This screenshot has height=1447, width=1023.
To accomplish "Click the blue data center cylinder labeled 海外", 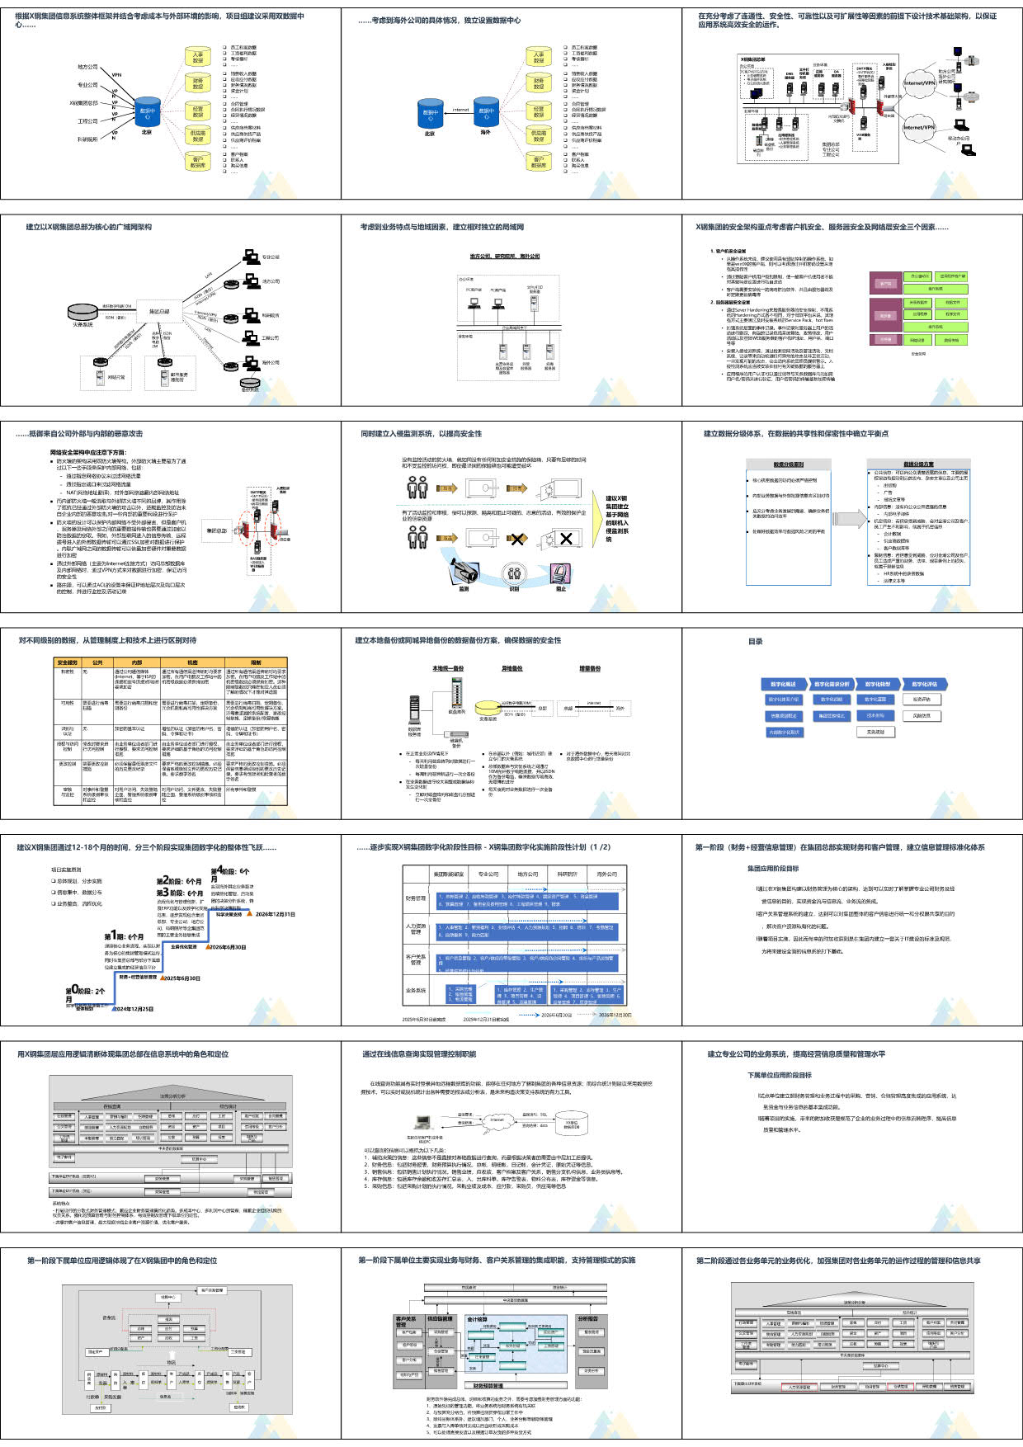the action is [x=487, y=112].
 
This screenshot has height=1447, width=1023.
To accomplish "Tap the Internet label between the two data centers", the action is [x=460, y=110].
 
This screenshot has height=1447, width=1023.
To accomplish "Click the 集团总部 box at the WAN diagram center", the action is [x=158, y=311].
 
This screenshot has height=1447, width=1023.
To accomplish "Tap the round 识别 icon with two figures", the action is [x=514, y=573].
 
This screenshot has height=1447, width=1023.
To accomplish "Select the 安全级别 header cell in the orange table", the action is [x=68, y=662].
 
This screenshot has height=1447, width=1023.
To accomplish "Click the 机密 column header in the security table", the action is [x=192, y=662].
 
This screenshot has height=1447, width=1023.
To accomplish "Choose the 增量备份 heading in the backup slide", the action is [x=590, y=668].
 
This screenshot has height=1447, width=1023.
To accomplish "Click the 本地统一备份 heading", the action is [x=448, y=668].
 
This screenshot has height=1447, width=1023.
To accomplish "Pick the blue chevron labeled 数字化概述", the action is [x=784, y=684].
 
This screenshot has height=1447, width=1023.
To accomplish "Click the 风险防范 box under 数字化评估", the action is [x=922, y=715].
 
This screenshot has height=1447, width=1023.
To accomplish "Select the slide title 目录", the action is [x=755, y=641].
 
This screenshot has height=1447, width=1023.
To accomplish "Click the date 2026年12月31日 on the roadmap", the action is [x=275, y=914].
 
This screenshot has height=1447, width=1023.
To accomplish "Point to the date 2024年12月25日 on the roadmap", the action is [x=134, y=1008].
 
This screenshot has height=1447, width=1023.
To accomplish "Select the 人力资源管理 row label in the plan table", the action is [x=416, y=929].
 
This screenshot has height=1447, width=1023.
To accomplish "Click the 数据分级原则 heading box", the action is [x=788, y=464].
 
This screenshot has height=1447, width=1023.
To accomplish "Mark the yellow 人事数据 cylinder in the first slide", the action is [x=198, y=57].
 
